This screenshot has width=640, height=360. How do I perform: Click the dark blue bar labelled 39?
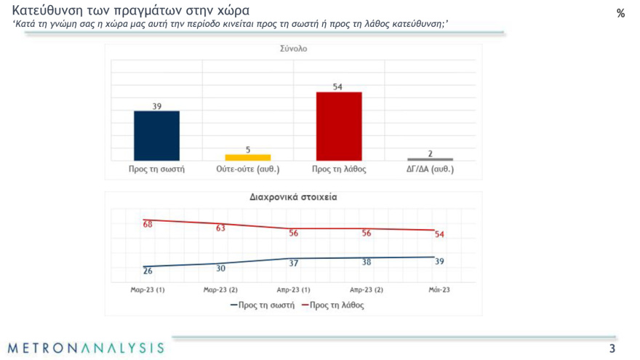[156, 135]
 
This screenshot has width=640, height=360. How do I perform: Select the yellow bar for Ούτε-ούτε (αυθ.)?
[247, 157]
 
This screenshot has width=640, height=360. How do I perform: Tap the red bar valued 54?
[338, 126]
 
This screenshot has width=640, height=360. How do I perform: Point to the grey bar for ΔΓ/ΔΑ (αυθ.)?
[430, 159]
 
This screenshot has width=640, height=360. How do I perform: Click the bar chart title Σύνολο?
[294, 49]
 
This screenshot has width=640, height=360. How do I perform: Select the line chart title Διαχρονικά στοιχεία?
[293, 196]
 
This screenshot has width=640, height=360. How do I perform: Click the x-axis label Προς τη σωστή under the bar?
[156, 169]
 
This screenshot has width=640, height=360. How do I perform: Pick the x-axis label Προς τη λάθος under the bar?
[338, 169]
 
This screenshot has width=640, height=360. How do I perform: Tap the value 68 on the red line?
[148, 224]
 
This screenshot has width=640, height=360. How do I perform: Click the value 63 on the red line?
[220, 228]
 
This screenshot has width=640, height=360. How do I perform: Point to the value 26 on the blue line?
[148, 271]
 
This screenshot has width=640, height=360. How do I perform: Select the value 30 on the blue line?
[220, 268]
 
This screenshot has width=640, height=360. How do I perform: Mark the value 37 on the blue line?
[294, 263]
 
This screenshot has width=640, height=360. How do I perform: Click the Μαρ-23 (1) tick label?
[148, 289]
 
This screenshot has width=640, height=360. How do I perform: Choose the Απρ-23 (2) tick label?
[367, 289]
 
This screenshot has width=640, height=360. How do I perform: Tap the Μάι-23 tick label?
[439, 289]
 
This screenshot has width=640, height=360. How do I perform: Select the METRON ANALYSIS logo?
[87, 348]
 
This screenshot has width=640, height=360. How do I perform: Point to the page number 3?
[612, 349]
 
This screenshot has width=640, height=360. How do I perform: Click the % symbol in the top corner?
[620, 13]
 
